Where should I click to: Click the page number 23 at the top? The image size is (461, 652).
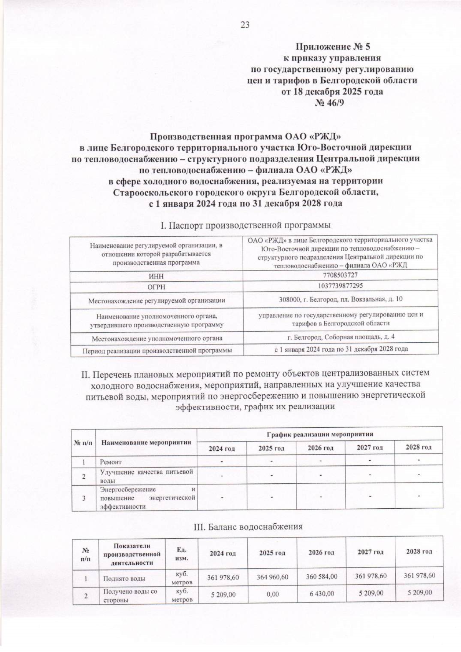coord(245,25)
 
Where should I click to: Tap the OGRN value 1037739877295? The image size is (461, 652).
coord(341,286)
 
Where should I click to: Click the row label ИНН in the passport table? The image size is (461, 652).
coord(156,276)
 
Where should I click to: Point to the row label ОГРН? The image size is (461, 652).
coord(156,287)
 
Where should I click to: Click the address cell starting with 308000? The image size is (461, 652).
coord(341,299)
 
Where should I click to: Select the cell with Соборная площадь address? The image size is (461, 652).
coord(341,337)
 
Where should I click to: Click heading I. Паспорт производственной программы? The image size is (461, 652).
coord(245,225)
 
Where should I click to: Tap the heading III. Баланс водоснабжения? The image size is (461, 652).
coord(248,526)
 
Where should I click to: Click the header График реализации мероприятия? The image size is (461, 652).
coord(320,434)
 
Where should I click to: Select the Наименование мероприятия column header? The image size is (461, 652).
coord(146,442)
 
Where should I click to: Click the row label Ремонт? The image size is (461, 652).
coord(111,462)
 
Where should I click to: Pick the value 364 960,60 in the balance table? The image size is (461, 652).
coord(272,577)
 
